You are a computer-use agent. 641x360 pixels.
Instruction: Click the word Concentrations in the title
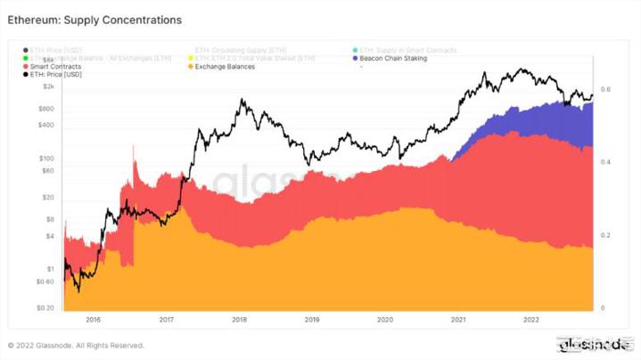pyautogui.click(x=137, y=19)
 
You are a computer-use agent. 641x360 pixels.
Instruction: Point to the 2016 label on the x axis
pyautogui.click(x=93, y=318)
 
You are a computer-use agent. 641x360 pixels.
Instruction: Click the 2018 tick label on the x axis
pyautogui.click(x=239, y=318)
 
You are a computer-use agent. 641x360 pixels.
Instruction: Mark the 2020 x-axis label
pyautogui.click(x=384, y=318)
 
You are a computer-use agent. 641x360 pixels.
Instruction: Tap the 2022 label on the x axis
pyautogui.click(x=530, y=318)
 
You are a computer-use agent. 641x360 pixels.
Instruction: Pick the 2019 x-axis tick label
pyautogui.click(x=311, y=318)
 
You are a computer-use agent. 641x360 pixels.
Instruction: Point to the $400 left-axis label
pyautogui.click(x=45, y=125)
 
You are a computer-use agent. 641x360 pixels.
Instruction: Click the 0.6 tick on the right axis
pyautogui.click(x=605, y=90)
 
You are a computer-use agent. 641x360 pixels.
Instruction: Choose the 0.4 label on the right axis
pyautogui.click(x=605, y=162)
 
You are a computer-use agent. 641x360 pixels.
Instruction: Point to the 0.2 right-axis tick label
pyautogui.click(x=605, y=235)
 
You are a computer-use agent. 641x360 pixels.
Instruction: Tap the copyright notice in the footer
pyautogui.click(x=75, y=345)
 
